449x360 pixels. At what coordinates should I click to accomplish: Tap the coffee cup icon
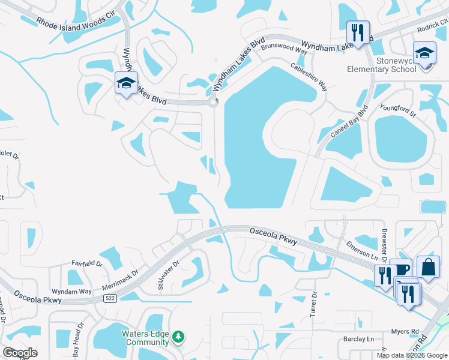pyautogui.click(x=400, y=269)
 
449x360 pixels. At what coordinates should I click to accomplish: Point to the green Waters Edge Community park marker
pyautogui.click(x=178, y=338)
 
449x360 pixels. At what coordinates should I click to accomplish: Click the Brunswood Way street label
pyautogui.click(x=285, y=52)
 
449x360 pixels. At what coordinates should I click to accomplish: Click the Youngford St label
pyautogui.click(x=398, y=110)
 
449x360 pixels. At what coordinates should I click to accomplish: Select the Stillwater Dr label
pyautogui.click(x=169, y=275)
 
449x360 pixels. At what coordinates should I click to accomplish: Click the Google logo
pyautogui.click(x=20, y=353)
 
